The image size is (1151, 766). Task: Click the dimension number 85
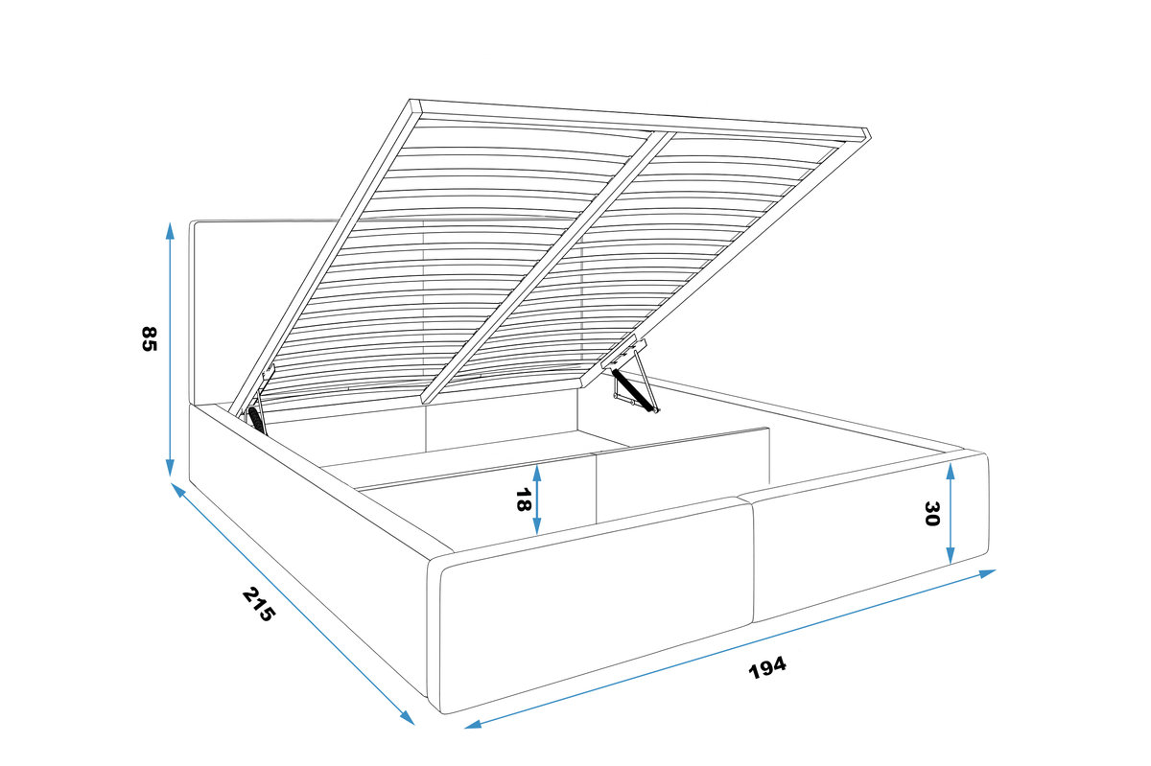click(x=148, y=338)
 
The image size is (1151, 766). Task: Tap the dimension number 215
click(x=259, y=604)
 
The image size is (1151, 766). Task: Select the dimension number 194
click(x=767, y=668)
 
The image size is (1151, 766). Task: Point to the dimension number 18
click(x=523, y=499)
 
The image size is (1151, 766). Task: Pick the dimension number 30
click(x=931, y=514)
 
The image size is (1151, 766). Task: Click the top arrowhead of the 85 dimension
click(x=170, y=230)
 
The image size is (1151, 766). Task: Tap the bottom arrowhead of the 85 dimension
click(x=170, y=468)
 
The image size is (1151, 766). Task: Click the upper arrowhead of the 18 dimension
click(x=537, y=473)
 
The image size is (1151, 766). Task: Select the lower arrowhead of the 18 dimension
click(x=537, y=525)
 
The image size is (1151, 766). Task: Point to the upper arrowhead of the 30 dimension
click(x=951, y=471)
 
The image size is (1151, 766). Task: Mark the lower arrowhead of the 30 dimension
click(x=951, y=555)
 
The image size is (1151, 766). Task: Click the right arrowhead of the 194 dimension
click(x=988, y=573)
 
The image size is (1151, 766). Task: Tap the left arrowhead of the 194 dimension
click(x=473, y=725)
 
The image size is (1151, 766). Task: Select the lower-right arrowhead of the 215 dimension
click(x=408, y=718)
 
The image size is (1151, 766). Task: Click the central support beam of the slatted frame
click(x=548, y=267)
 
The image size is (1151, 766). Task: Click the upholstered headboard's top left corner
click(x=191, y=222)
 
